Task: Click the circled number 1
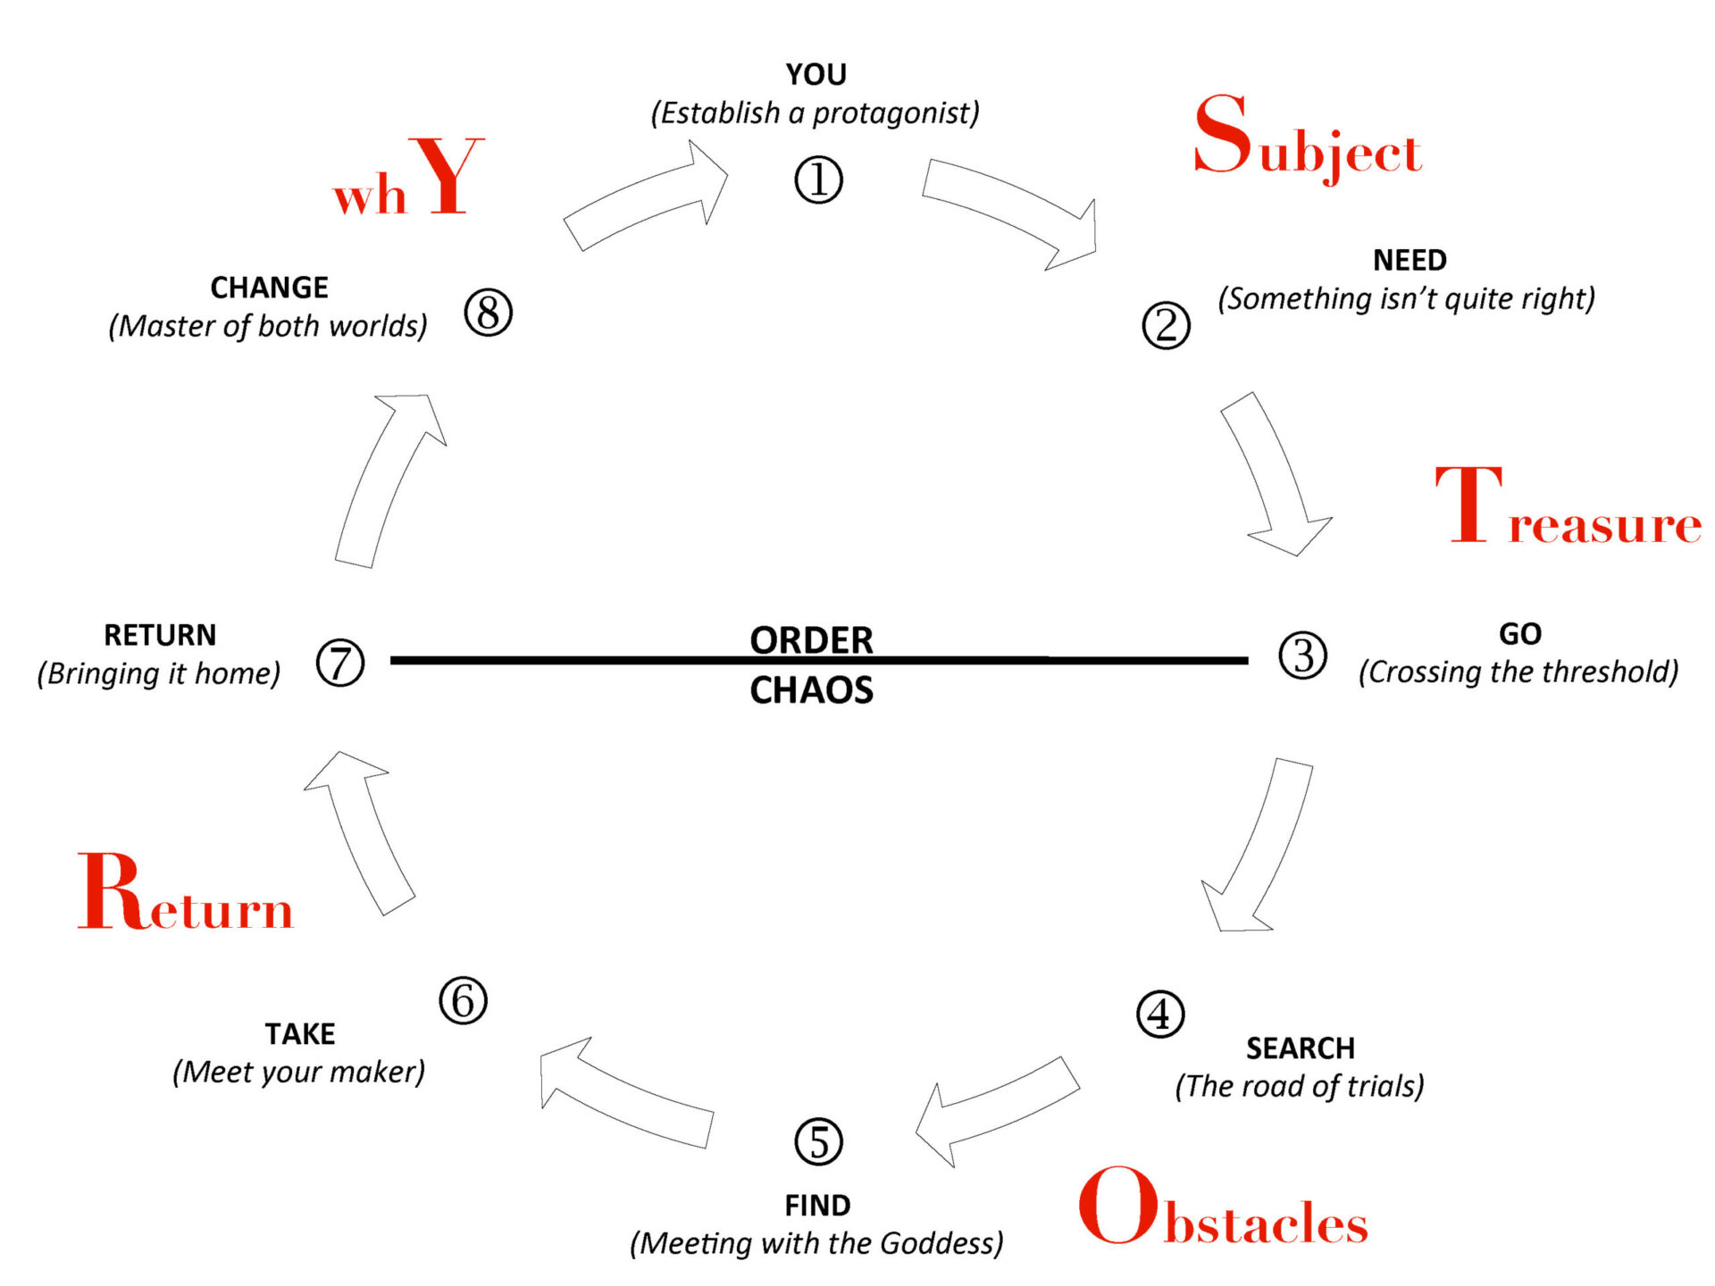pyautogui.click(x=818, y=180)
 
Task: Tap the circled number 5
pyautogui.click(x=818, y=1141)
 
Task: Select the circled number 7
pyautogui.click(x=340, y=663)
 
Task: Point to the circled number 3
pyautogui.click(x=1302, y=656)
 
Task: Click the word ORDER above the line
pyautogui.click(x=811, y=639)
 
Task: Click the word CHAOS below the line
pyautogui.click(x=811, y=690)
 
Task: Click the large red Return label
pyautogui.click(x=186, y=893)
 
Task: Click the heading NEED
pyautogui.click(x=1410, y=260)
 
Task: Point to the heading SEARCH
pyautogui.click(x=1301, y=1048)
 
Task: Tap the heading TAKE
pyautogui.click(x=300, y=1033)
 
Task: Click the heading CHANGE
pyautogui.click(x=269, y=288)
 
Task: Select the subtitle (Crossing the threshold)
pyautogui.click(x=1518, y=672)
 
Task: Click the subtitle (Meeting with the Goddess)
pyautogui.click(x=816, y=1243)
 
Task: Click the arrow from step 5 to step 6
pyautogui.click(x=625, y=1094)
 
